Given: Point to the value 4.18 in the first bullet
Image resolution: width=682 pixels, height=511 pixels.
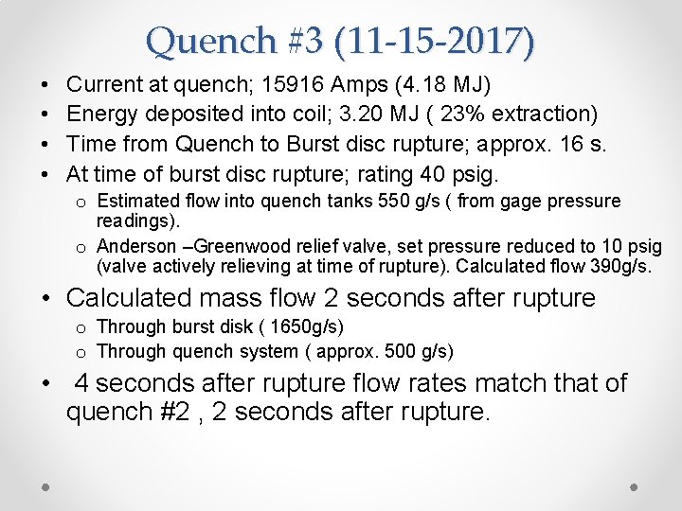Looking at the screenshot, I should point(422,85).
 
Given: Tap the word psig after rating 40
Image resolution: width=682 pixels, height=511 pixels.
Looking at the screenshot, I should point(468,174).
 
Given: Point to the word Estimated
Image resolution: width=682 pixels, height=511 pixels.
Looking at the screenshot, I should point(138,201).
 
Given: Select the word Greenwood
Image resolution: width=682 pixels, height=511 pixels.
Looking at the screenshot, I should point(238,247).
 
